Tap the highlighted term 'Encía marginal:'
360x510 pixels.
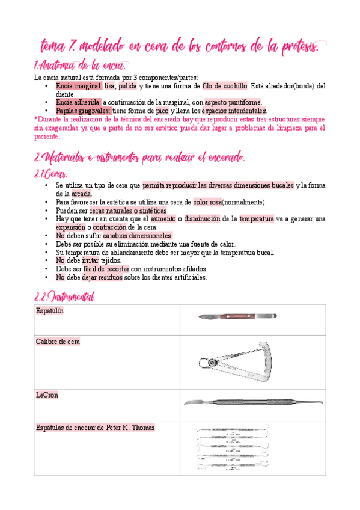[x=79, y=86]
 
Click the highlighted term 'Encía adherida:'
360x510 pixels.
[x=78, y=102]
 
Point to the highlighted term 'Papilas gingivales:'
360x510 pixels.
[x=83, y=111]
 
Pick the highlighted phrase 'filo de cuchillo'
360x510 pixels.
[x=225, y=86]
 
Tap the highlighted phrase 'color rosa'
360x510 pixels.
[x=207, y=202]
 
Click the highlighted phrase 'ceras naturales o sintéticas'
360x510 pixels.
[x=129, y=210]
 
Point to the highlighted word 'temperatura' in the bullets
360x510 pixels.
[x=257, y=219]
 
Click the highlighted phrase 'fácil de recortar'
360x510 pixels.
[x=106, y=269]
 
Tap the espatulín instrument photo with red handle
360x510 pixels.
[x=237, y=316]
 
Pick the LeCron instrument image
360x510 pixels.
[x=253, y=401]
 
